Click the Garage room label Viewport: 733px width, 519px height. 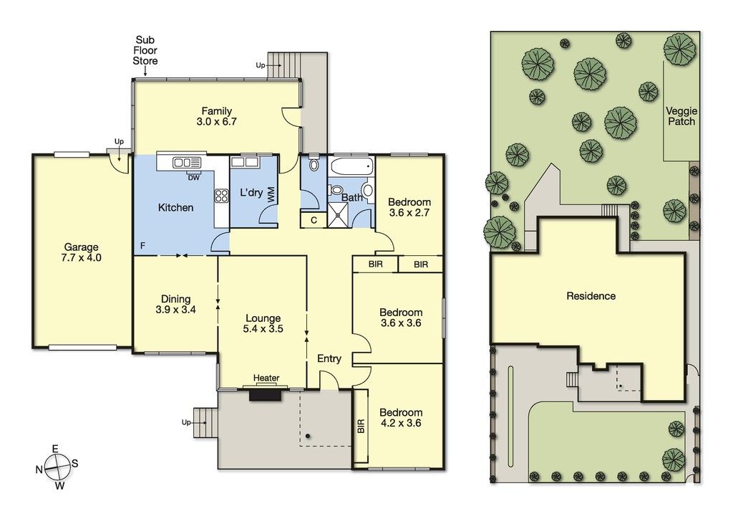click(82, 247)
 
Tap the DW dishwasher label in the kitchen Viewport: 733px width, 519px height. click(193, 177)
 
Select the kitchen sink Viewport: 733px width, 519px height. click(187, 163)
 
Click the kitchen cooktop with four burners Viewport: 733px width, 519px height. click(222, 195)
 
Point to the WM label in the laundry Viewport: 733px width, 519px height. click(271, 195)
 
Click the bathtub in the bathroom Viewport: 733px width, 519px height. click(351, 166)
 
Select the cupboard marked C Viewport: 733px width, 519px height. click(314, 220)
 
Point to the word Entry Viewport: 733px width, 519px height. click(329, 358)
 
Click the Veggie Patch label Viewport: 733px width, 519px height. click(681, 116)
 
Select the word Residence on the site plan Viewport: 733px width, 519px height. click(591, 296)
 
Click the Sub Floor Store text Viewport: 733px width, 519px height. click(145, 51)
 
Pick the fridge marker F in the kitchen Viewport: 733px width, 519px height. click(143, 245)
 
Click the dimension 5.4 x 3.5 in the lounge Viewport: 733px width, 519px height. click(263, 328)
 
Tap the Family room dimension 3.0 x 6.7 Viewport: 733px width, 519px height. click(216, 122)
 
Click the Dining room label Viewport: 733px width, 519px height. click(176, 299)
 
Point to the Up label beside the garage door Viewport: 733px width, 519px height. click(120, 141)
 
